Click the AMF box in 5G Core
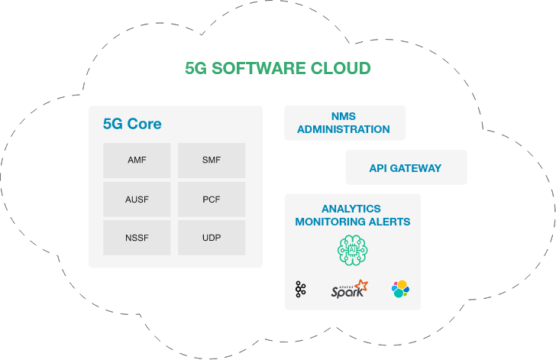coord(137,161)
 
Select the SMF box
coord(212,161)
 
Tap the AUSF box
coord(137,199)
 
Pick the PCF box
coord(212,199)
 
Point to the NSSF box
coord(137,238)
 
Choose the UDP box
coord(212,238)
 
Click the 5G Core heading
coord(132,124)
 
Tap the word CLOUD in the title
coord(341,68)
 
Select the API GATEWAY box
coord(405,168)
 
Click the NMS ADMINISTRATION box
coord(344,123)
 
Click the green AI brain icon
coord(353,250)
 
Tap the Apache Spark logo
coord(349,290)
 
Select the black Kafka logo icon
coord(301,290)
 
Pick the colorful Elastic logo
coord(400,290)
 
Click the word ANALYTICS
coord(351,209)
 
